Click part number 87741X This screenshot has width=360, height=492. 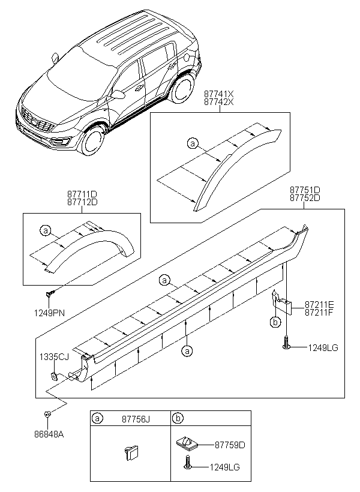(x=218, y=94)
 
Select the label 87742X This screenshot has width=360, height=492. (x=218, y=103)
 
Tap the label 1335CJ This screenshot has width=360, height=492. (x=55, y=356)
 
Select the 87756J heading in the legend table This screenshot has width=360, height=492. (x=136, y=419)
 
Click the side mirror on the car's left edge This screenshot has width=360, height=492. (x=55, y=58)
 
